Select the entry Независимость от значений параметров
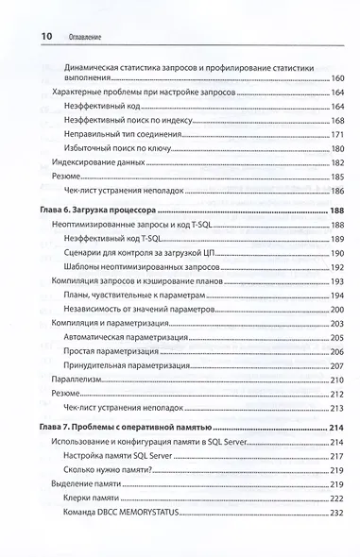(139, 310)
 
